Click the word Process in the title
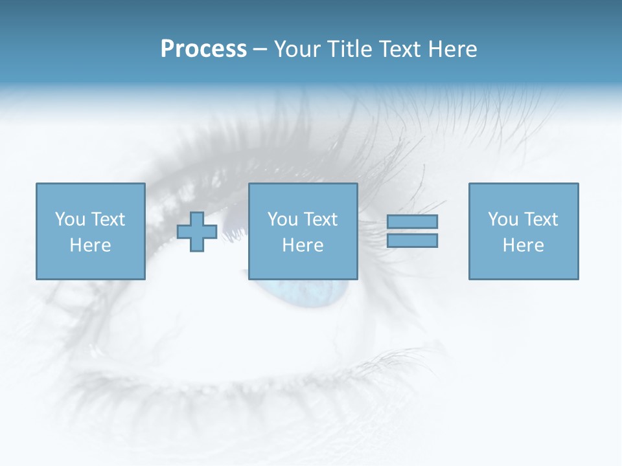click(x=203, y=49)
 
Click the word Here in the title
click(x=452, y=49)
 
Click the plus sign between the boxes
click(x=197, y=232)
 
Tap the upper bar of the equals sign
click(x=412, y=221)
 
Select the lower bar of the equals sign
click(x=412, y=241)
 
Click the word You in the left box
click(x=70, y=219)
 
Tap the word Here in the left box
click(x=90, y=245)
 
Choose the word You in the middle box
click(x=282, y=219)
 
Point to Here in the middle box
click(x=303, y=245)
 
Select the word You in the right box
click(x=503, y=219)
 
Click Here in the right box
click(x=523, y=245)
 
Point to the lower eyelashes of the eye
click(x=259, y=382)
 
